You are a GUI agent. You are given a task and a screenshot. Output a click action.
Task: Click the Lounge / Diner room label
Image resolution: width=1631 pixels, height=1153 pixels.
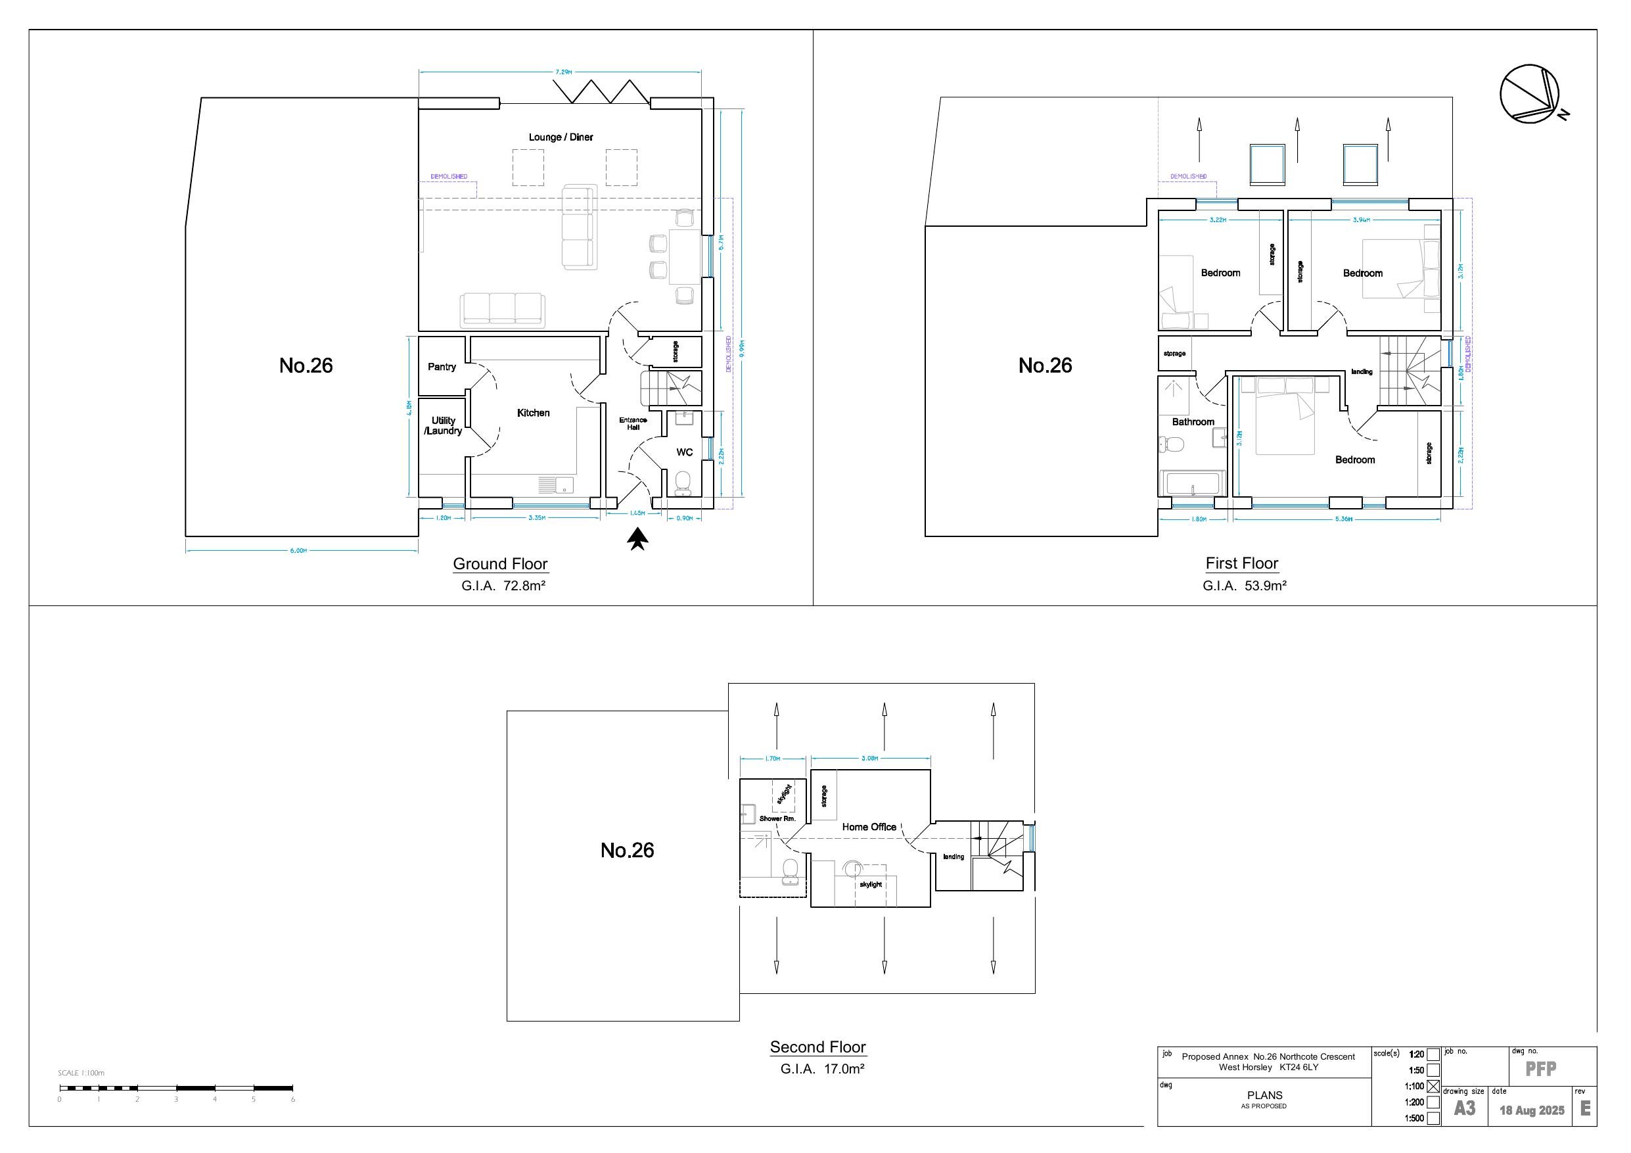point(561,137)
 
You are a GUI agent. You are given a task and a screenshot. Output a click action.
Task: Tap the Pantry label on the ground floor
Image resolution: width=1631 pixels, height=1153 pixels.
point(441,367)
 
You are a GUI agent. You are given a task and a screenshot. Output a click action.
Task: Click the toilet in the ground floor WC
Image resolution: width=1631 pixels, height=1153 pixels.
point(683,481)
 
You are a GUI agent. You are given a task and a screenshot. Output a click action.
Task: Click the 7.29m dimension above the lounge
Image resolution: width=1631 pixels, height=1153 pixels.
point(563,72)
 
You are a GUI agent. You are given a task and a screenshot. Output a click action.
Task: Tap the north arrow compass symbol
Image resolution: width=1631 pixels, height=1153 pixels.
point(1529,95)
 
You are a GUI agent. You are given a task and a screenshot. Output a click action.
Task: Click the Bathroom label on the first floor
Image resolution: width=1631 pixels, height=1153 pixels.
point(1193,422)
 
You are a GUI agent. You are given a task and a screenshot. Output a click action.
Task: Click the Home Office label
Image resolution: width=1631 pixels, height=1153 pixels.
point(869,827)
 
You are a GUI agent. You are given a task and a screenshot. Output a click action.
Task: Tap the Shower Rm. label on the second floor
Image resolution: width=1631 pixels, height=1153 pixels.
point(777,818)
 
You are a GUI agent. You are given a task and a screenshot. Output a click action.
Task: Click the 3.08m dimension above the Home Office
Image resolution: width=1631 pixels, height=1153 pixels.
point(869,758)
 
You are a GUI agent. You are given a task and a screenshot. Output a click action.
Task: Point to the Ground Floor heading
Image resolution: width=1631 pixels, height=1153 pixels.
point(500,564)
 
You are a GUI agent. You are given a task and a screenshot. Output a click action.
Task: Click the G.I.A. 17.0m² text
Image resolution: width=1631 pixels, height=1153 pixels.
point(822,1068)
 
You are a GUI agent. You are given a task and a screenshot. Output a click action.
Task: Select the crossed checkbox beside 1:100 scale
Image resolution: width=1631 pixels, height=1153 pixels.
point(1433,1086)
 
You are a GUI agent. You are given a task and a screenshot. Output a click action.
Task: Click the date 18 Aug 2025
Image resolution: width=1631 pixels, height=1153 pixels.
point(1532,1110)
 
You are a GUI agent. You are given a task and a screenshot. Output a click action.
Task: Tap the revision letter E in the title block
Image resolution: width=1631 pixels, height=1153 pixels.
point(1585,1109)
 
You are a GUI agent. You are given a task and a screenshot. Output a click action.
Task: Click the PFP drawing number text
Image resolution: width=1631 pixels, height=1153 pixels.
point(1541,1069)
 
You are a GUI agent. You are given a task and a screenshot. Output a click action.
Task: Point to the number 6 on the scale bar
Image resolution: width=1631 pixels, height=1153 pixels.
point(292,1099)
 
